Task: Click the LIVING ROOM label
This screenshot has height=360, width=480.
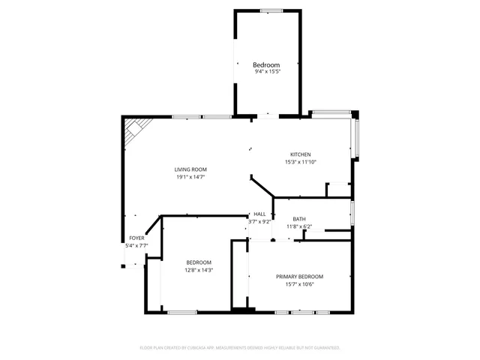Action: click(x=191, y=169)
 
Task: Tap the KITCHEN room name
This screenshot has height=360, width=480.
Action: click(x=301, y=154)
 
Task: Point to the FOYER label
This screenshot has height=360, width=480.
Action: click(x=136, y=238)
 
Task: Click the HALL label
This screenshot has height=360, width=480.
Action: click(x=259, y=214)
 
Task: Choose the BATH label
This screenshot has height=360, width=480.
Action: click(x=298, y=219)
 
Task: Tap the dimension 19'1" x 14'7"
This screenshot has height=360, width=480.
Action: click(x=191, y=177)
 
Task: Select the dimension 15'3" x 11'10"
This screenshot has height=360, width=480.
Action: click(x=301, y=162)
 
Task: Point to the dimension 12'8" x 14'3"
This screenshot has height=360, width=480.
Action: click(x=199, y=270)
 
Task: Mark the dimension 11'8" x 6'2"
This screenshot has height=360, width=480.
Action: click(x=298, y=226)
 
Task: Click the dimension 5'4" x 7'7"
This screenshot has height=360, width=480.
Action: click(x=136, y=245)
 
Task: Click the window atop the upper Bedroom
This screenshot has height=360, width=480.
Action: click(x=271, y=10)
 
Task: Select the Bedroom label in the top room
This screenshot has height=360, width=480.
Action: click(x=267, y=65)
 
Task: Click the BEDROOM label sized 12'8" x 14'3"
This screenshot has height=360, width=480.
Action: click(x=199, y=262)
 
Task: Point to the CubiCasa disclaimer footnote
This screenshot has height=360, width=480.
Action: click(x=240, y=348)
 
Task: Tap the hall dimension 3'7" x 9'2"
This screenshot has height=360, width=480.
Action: click(x=259, y=221)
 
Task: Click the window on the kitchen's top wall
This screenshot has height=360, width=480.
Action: click(x=331, y=113)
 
